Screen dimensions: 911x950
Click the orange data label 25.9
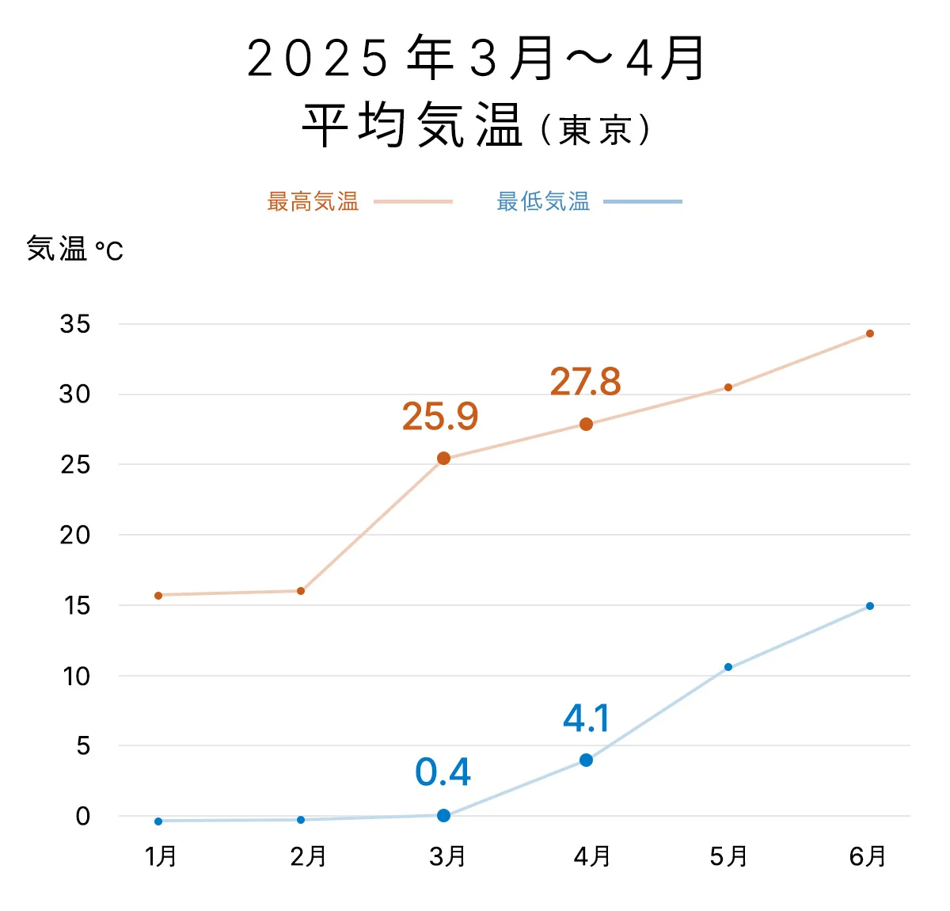coord(440,417)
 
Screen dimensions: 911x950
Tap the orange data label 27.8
coord(586,382)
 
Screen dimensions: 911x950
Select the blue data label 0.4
coord(443,772)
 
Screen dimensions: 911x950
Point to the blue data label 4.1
coord(587,719)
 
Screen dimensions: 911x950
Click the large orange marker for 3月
coord(443,459)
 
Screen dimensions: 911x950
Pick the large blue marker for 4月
coord(586,760)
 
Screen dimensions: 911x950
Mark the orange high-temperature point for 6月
coord(870,334)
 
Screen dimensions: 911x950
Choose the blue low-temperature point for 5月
coord(728,667)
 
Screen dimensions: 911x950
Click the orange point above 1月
coord(158,595)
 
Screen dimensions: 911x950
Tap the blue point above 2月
coord(301,820)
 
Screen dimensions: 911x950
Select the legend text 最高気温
coord(313,202)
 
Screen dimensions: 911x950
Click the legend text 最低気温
coord(543,202)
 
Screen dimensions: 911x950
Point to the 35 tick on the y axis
coord(75,324)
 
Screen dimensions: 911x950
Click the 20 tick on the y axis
coord(75,536)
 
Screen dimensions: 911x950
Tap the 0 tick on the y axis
coord(82,817)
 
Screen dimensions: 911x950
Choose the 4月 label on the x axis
coord(592,856)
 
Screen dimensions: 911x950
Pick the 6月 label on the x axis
coord(868,856)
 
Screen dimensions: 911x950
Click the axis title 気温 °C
coord(75,250)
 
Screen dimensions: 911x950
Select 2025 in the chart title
coord(317,59)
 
